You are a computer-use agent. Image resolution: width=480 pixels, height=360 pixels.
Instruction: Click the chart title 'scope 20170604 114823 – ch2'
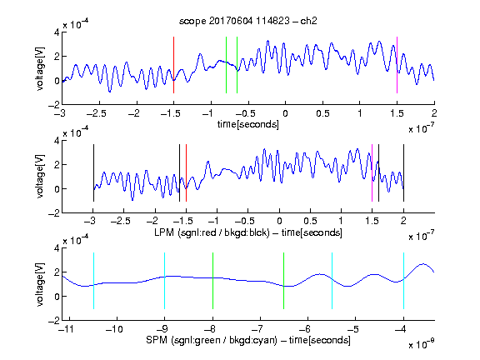tap(247, 21)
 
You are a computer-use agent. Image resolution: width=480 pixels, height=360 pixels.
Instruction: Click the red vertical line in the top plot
tap(173, 65)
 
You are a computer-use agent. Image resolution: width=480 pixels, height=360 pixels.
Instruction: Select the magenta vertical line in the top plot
tap(397, 65)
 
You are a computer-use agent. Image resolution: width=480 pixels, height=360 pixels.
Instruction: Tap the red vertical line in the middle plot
tap(186, 173)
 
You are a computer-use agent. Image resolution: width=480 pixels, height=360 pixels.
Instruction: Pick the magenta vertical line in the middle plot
tap(372, 173)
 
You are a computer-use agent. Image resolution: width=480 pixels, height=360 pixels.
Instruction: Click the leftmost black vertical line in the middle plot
tap(93, 173)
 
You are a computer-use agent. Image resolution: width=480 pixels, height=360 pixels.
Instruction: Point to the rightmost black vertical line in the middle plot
tap(403, 173)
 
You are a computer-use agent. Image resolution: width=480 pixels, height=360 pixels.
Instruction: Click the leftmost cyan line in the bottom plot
tap(93, 281)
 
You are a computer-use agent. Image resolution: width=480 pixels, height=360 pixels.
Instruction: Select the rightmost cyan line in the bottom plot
tap(403, 281)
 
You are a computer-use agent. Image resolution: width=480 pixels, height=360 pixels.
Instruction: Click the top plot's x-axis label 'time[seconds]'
tap(248, 125)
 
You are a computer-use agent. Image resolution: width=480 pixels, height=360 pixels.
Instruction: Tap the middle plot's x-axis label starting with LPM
tap(248, 232)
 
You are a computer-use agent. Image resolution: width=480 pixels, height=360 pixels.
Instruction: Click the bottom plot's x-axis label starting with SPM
tap(248, 340)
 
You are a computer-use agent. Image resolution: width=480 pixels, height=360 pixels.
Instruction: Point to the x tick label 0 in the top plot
tap(285, 113)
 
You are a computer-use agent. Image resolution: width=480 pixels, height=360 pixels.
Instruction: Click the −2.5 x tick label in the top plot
tap(96, 113)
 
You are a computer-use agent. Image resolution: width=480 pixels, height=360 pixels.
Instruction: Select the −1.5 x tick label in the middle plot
tap(182, 221)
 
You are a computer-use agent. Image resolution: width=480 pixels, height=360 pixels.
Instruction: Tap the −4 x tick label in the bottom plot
tap(400, 329)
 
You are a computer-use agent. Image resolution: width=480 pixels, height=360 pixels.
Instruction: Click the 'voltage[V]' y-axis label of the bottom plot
tap(40, 284)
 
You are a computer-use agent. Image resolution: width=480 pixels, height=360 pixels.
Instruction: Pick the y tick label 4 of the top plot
tap(57, 32)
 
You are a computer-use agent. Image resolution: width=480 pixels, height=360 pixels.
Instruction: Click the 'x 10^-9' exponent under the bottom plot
tap(421, 344)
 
